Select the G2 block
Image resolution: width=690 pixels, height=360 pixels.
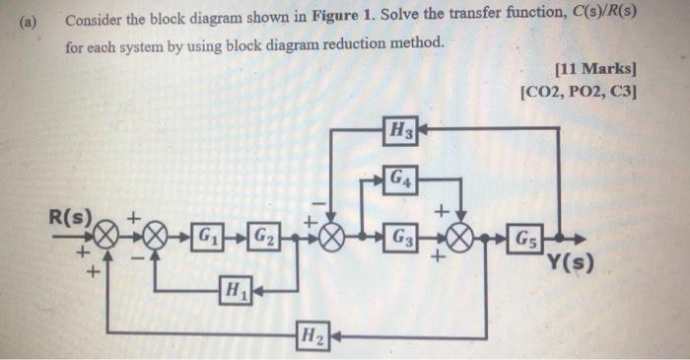[x=263, y=237]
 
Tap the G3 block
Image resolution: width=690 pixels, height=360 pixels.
[x=401, y=237]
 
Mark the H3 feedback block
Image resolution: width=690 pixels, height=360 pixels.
[x=402, y=128]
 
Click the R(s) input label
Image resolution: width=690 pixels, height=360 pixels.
[x=72, y=214]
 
